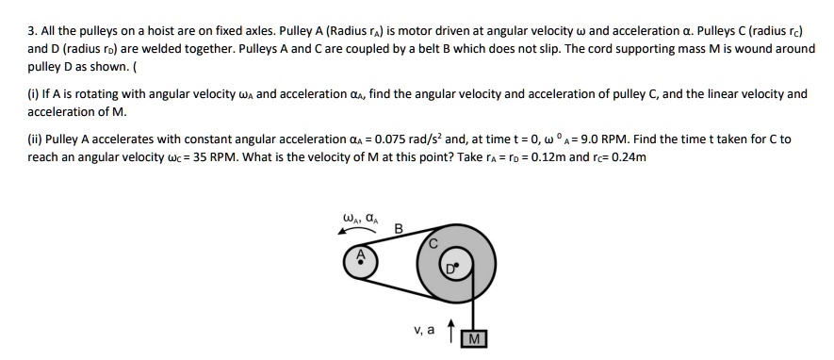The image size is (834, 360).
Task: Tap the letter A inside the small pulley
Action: click(359, 255)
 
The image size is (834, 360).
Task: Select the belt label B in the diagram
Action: click(398, 228)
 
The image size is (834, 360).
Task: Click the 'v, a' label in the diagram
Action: click(423, 331)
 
